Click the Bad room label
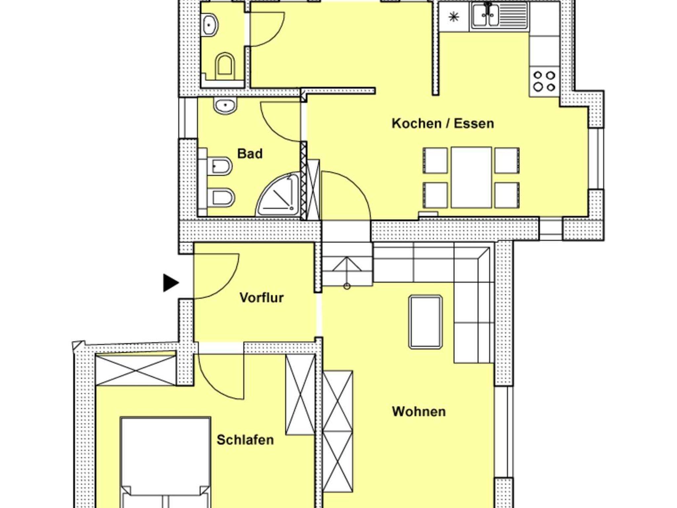pos(250,154)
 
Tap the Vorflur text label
pos(261,298)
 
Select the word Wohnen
pos(419,412)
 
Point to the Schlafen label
pos(245,440)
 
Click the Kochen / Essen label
pos(443,124)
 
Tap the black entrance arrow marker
pos(171,283)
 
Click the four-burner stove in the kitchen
pos(544,81)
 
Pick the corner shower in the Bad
pos(278,195)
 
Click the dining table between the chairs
pos(471,177)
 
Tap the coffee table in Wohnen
pos(425,322)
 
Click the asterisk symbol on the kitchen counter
pos(454,16)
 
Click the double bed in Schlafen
pos(165,462)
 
